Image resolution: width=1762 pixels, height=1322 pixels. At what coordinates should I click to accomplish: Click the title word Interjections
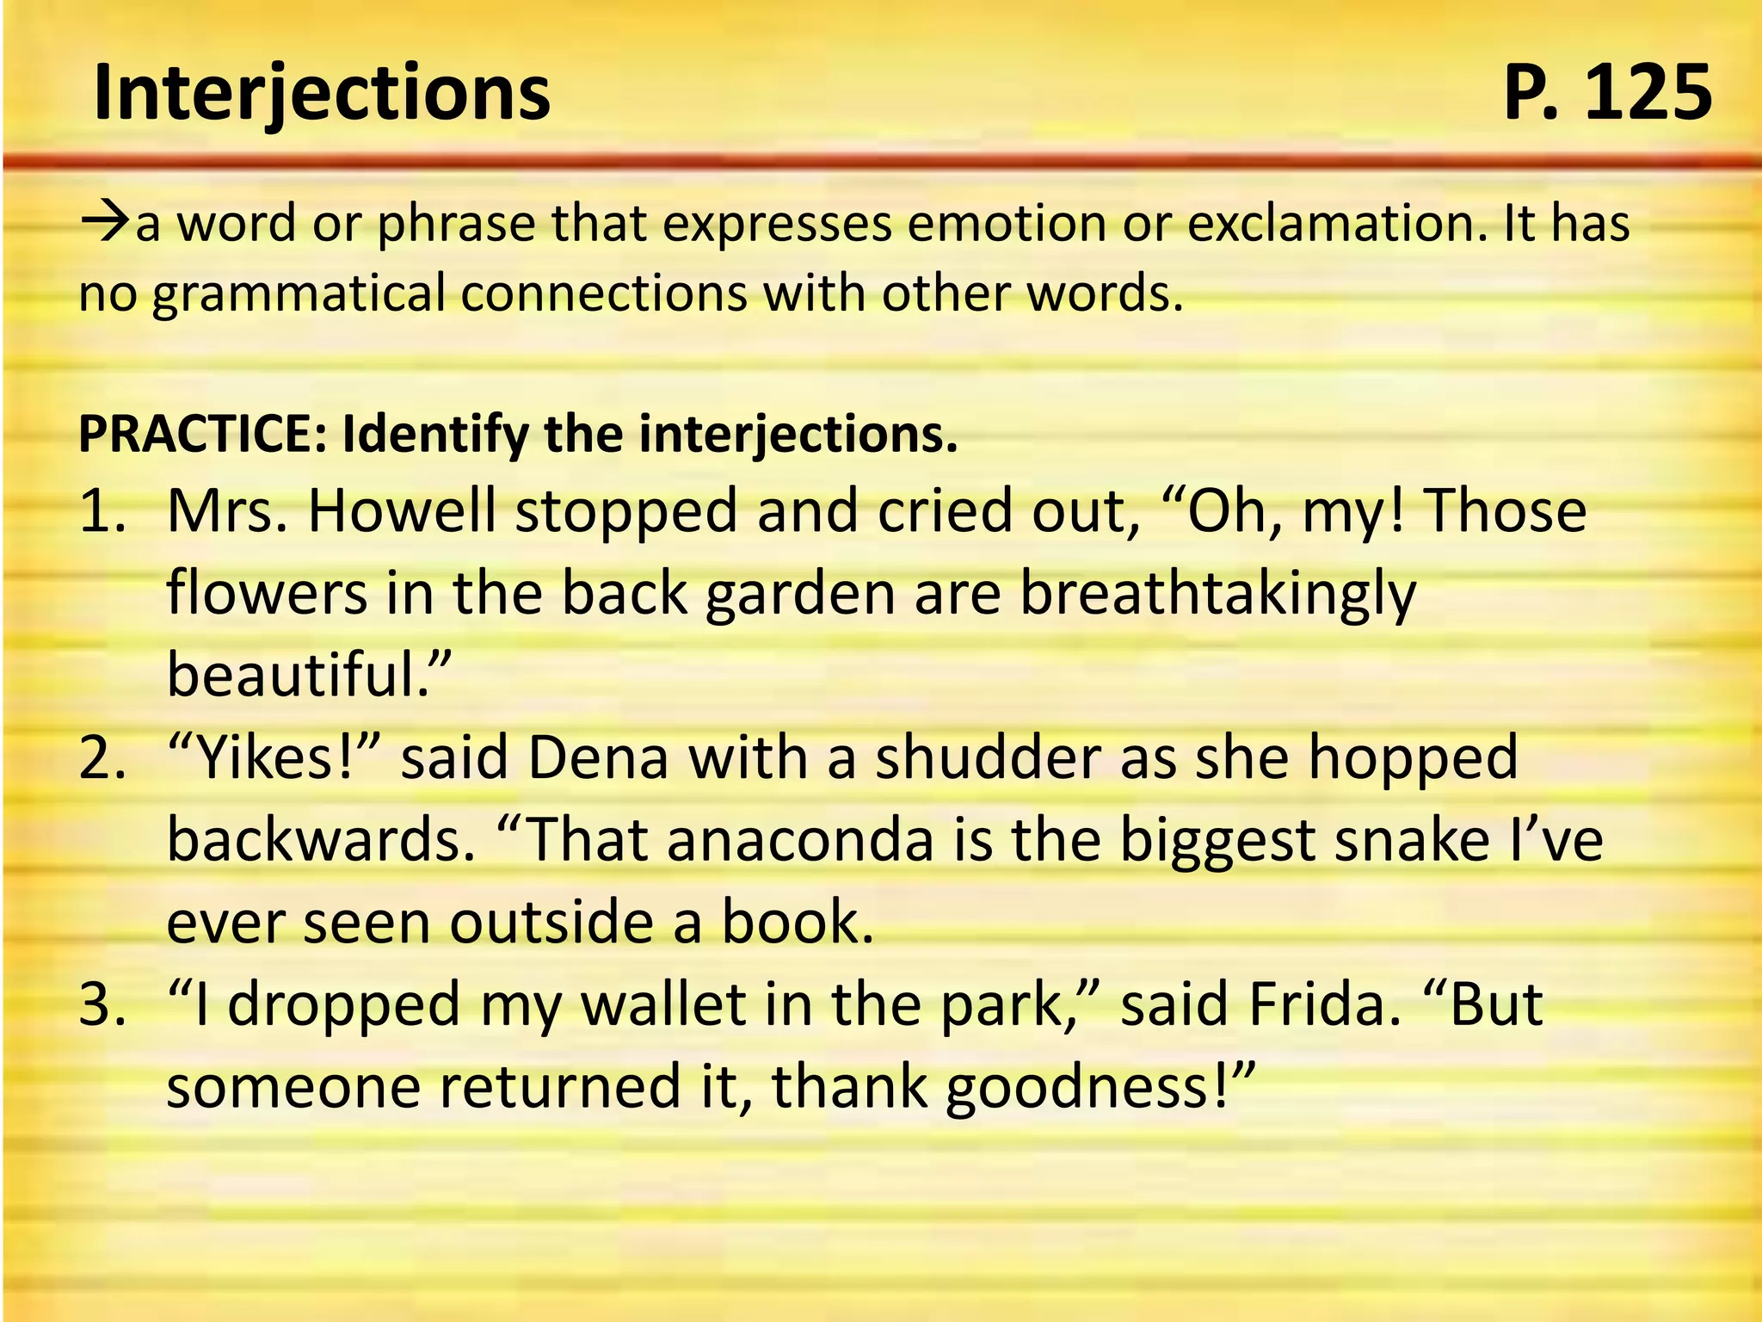tap(321, 93)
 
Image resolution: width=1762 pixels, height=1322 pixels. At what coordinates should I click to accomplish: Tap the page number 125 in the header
tap(1647, 93)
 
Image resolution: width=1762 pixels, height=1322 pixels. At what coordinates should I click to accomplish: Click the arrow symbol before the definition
tap(105, 223)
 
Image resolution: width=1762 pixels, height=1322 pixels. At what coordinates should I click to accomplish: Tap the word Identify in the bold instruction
tap(434, 434)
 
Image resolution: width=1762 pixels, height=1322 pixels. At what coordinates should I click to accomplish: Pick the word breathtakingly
tap(1217, 595)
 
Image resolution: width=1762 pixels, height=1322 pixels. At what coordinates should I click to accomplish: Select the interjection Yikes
tap(268, 759)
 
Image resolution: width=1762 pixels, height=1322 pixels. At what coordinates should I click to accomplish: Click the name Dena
tap(597, 759)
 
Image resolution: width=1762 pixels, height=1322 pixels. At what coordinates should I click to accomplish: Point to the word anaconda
tap(799, 841)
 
